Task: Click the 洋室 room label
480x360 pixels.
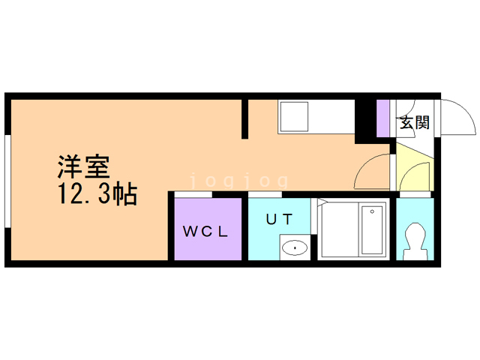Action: (85, 165)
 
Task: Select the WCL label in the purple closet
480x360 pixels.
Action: (206, 231)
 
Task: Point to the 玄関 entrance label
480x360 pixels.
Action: (413, 122)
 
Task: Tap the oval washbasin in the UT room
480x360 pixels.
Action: (295, 247)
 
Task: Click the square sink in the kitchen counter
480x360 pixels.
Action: (293, 116)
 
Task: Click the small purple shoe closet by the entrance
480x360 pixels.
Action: (383, 118)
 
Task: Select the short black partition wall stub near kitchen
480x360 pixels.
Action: (244, 118)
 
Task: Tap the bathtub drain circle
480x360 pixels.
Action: (372, 212)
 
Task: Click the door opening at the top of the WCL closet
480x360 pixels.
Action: (193, 195)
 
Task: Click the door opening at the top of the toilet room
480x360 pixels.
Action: (414, 195)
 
